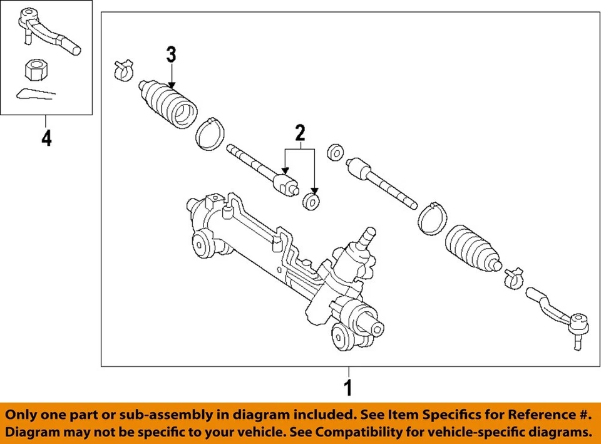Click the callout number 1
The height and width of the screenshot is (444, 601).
348,387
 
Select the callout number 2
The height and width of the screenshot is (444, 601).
300,133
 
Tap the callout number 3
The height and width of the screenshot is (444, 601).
172,55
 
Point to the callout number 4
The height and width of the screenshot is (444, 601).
46,138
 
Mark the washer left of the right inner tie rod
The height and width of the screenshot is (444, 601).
335,152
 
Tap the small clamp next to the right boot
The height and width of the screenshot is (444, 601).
515,275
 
